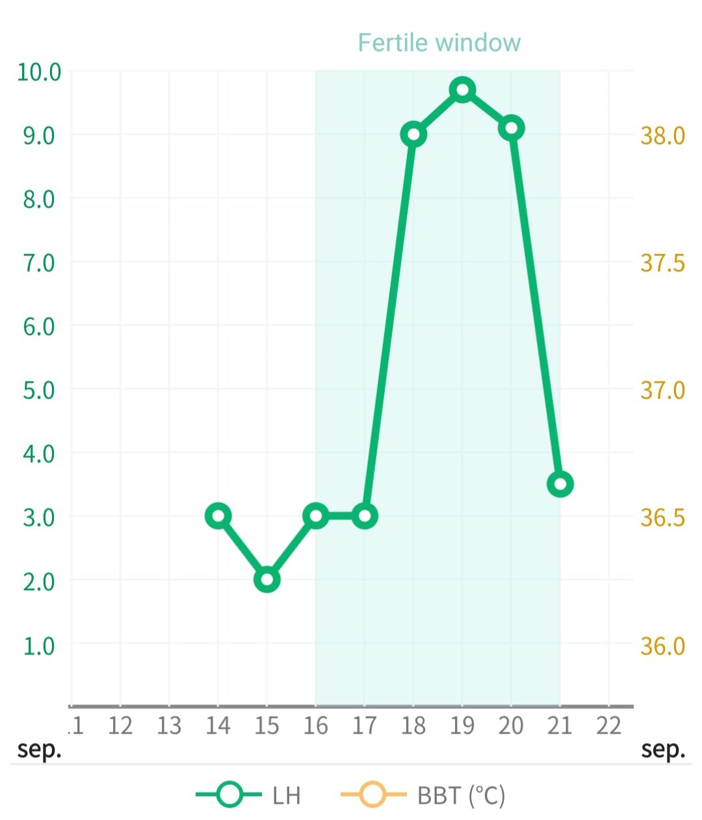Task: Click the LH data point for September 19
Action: coord(462,90)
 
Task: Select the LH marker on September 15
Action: coord(266,579)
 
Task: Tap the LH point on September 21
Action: coord(560,484)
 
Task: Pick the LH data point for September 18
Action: coord(413,135)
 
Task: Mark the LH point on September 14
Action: coord(218,516)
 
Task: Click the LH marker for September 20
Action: coord(511,128)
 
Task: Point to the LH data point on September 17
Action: coord(365,516)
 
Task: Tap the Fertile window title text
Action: coord(439,43)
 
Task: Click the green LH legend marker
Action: coord(229,795)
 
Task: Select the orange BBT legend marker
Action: coord(373,795)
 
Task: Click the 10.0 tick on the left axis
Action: coord(39,72)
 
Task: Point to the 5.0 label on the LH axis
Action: coord(39,390)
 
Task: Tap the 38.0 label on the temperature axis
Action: coord(662,135)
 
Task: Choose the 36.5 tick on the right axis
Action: coord(662,517)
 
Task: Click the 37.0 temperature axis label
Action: coord(662,390)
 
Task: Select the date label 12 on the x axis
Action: coord(120,726)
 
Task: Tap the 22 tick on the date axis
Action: coord(608,726)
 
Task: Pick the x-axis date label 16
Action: coord(316,726)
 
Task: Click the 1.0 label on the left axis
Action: coord(39,646)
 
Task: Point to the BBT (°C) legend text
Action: coord(461,795)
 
